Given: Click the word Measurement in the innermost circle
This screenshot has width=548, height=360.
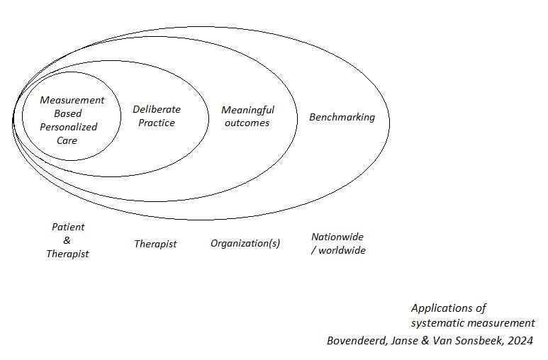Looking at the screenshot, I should (x=72, y=100).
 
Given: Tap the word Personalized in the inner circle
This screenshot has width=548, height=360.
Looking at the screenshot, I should (x=68, y=127).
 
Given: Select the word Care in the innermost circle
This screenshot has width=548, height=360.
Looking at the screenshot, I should (x=67, y=140).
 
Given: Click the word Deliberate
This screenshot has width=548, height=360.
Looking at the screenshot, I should (x=157, y=109).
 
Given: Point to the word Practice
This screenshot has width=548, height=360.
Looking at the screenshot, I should (x=157, y=123).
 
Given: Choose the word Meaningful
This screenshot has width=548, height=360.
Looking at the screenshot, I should (x=247, y=110).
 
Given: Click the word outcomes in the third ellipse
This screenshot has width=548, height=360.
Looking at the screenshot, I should (x=247, y=123).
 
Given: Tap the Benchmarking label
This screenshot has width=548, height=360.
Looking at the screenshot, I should (x=342, y=117).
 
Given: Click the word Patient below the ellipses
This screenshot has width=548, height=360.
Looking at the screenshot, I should (x=68, y=227).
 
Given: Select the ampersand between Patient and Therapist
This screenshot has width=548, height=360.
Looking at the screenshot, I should (x=67, y=240).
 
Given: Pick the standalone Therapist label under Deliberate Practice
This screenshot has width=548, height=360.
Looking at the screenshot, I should (x=155, y=244).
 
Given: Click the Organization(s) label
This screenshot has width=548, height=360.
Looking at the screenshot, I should (x=245, y=243).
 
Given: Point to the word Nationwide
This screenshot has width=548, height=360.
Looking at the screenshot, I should (x=337, y=237).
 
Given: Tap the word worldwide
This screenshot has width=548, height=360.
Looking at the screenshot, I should (x=343, y=250).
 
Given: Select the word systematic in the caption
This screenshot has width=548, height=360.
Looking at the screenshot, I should (x=437, y=323).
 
